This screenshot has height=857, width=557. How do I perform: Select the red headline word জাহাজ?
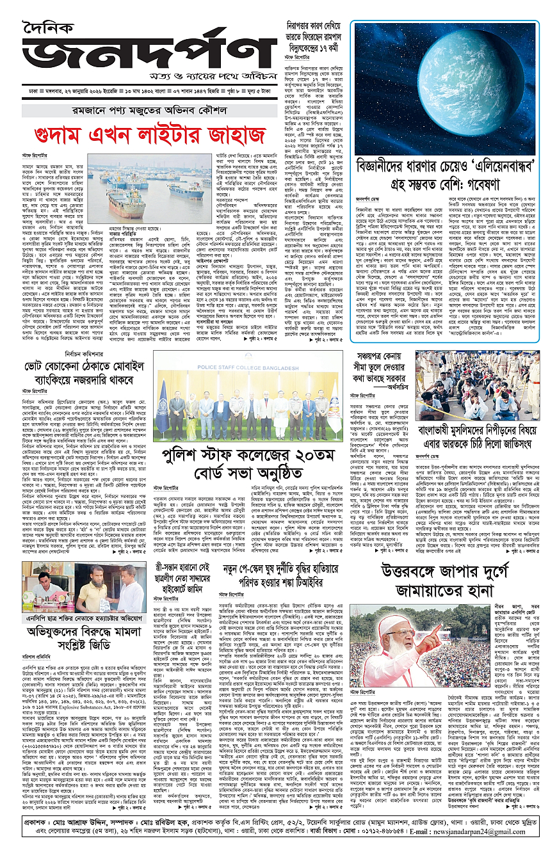[233, 136]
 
